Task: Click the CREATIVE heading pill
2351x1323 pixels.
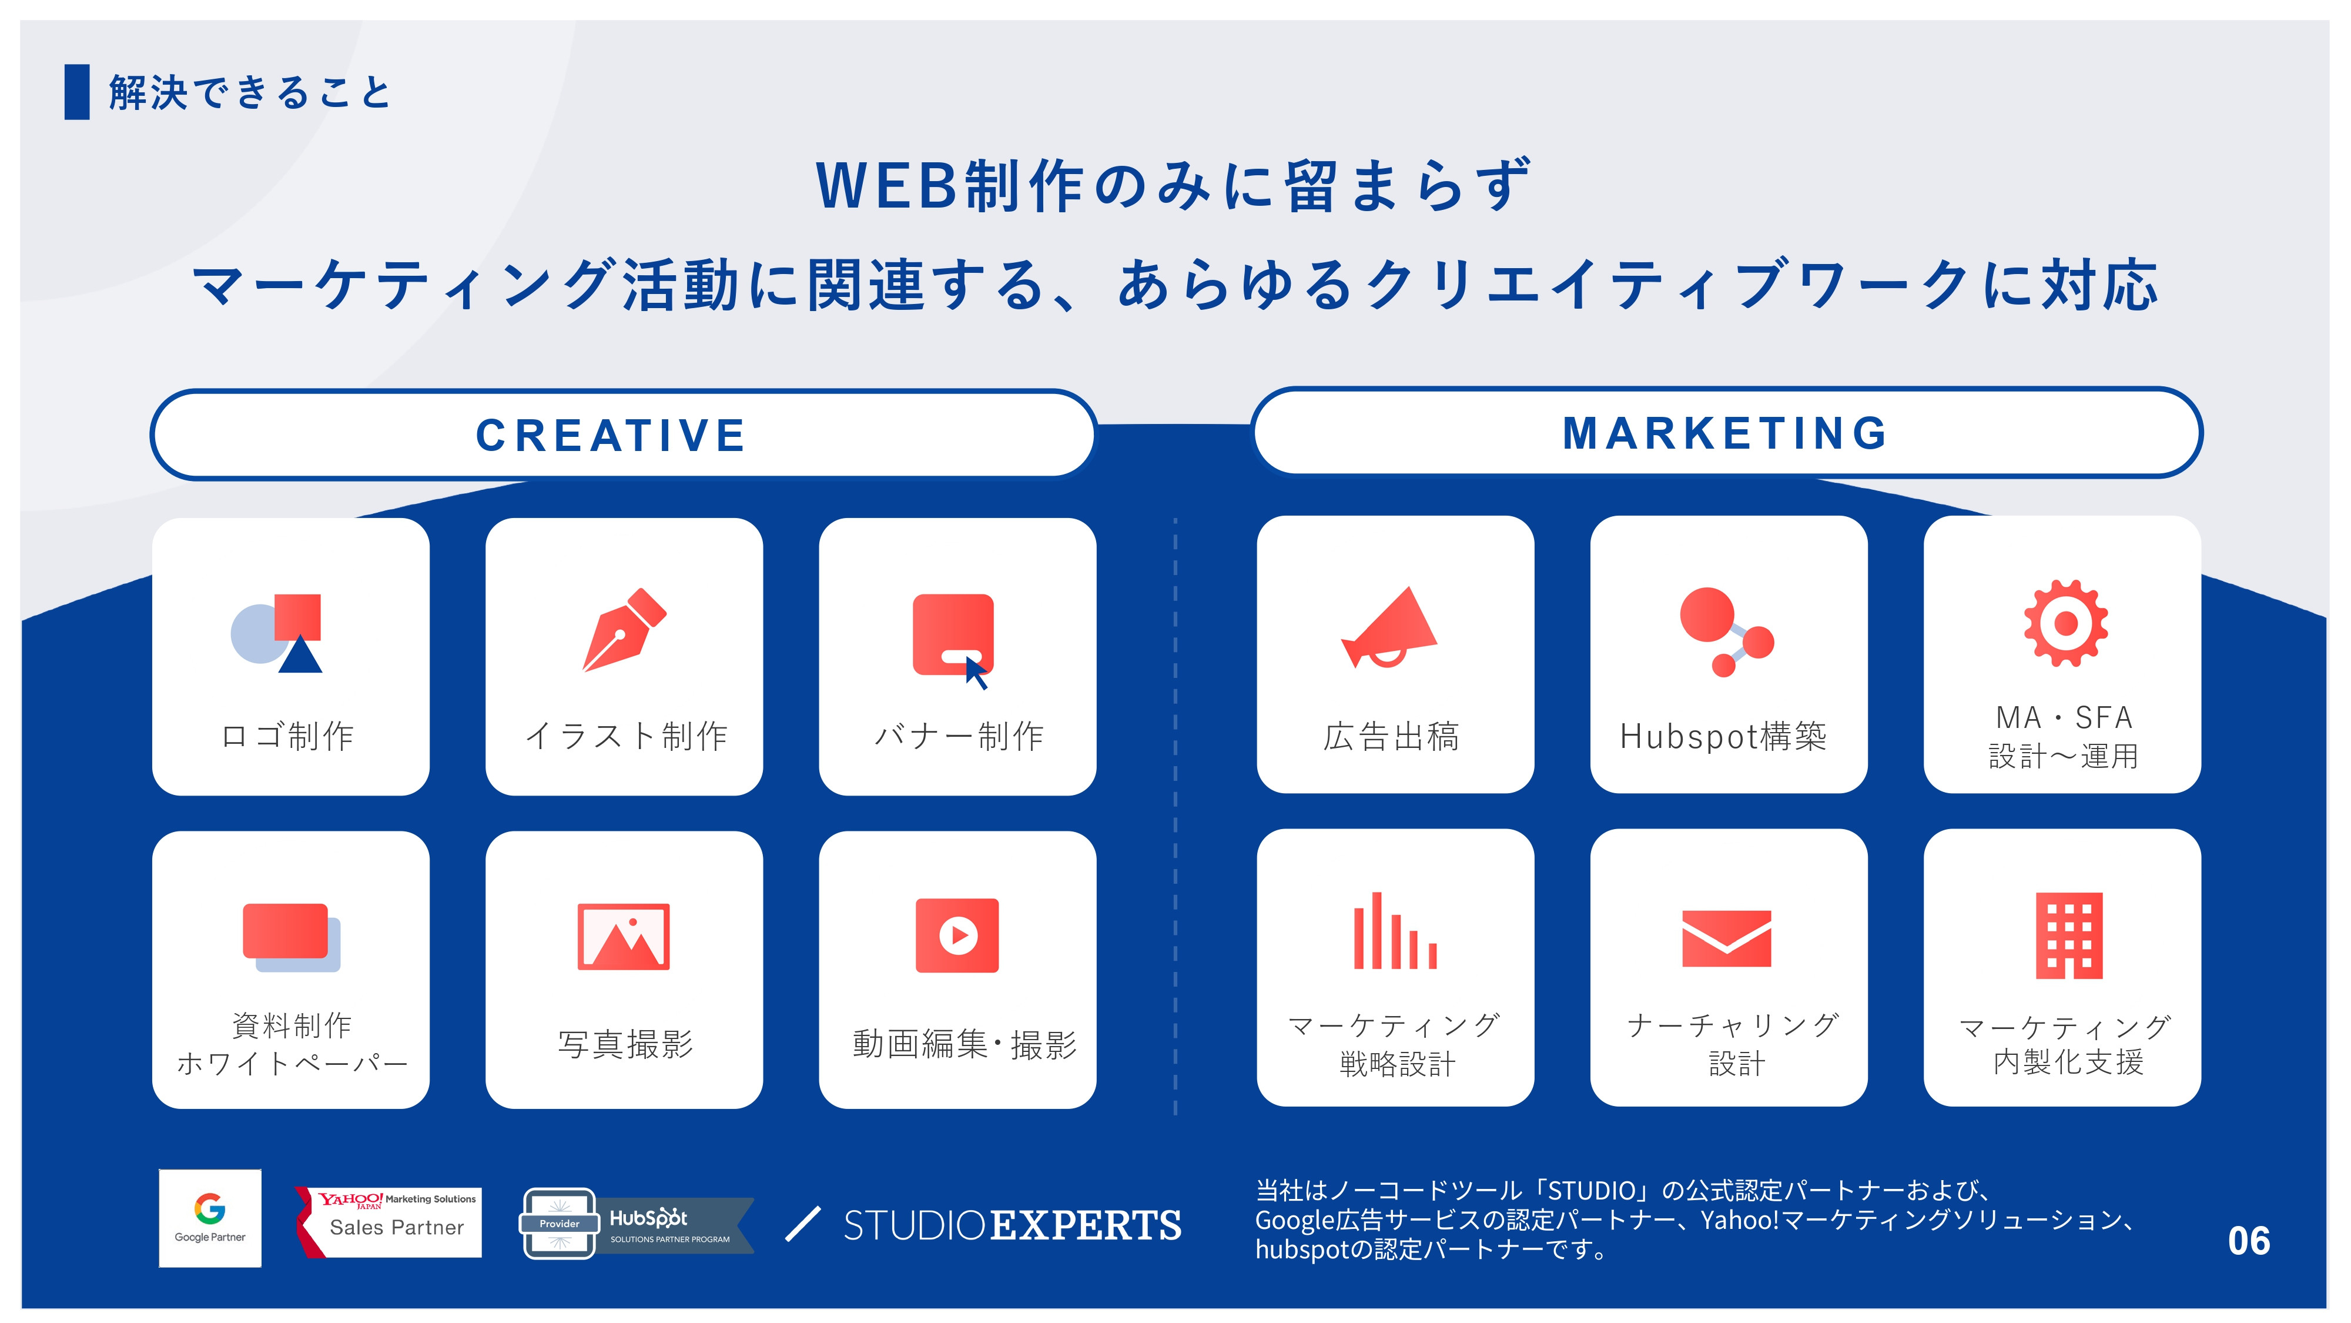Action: [624, 435]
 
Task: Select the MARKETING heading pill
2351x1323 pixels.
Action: [1726, 433]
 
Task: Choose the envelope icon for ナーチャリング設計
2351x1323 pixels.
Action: [1726, 938]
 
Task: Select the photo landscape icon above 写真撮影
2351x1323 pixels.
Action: [624, 937]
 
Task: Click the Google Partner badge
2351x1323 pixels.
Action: [210, 1218]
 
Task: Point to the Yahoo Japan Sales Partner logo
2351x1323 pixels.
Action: [391, 1222]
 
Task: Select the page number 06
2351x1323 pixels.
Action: [2248, 1241]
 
